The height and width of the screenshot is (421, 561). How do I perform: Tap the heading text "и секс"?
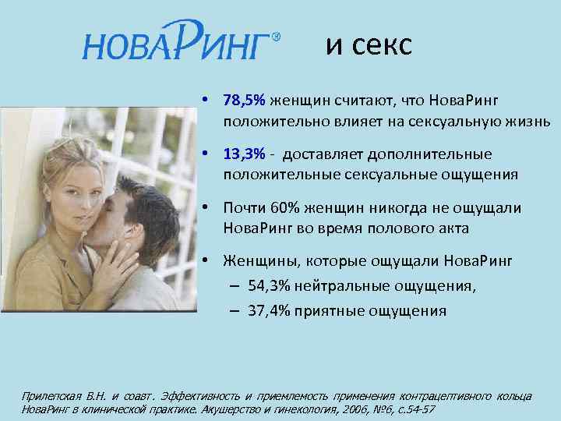point(368,45)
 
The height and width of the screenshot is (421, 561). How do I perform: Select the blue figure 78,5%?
point(244,101)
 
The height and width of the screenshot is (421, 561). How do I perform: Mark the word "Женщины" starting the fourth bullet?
point(254,260)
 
